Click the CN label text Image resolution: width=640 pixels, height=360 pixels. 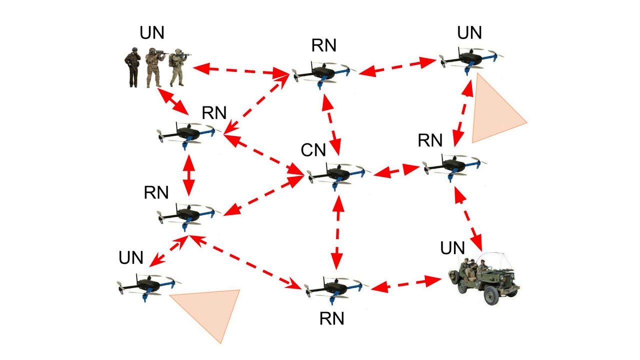pos(313,150)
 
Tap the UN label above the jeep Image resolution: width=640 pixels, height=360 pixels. pos(452,247)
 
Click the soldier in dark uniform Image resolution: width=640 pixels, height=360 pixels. pos(132,67)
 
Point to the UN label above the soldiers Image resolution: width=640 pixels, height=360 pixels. pos(152,34)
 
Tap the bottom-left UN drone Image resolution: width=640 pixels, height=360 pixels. pos(148,286)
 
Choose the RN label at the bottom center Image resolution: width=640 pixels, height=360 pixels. pos(332,318)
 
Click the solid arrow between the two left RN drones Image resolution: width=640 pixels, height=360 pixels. pos(188,175)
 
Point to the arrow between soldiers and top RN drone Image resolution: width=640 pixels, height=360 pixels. pos(240,70)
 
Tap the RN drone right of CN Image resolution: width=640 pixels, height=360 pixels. pos(452,165)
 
